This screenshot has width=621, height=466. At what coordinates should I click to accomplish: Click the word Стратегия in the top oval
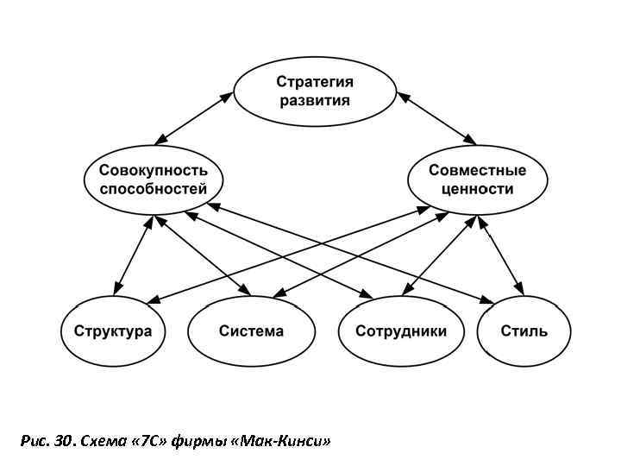tap(314, 82)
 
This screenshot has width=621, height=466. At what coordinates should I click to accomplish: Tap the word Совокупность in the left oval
tap(153, 170)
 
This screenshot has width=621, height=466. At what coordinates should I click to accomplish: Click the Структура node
tap(113, 331)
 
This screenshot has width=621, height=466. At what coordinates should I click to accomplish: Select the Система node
tap(251, 331)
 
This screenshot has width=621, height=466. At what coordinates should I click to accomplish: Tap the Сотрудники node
tap(401, 331)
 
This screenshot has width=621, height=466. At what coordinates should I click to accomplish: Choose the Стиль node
tap(524, 331)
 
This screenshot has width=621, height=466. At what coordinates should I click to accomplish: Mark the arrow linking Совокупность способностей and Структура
tap(132, 254)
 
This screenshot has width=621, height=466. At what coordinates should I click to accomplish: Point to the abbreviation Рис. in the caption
tap(32, 442)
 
